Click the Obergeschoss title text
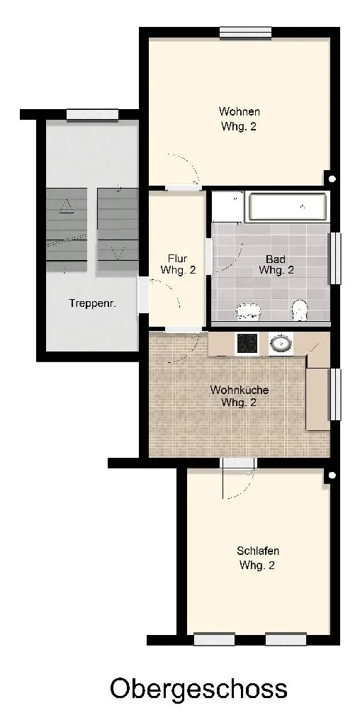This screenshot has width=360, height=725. pyautogui.click(x=198, y=690)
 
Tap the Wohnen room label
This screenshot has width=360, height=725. pyautogui.click(x=239, y=119)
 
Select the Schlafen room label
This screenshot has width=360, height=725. pyautogui.click(x=257, y=558)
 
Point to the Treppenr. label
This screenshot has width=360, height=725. pyautogui.click(x=92, y=303)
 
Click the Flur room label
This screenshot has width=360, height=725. pyautogui.click(x=178, y=264)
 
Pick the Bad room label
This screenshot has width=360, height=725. pyautogui.click(x=276, y=264)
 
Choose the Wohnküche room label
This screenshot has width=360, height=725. pyautogui.click(x=239, y=396)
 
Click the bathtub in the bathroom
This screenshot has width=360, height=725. pyautogui.click(x=288, y=207)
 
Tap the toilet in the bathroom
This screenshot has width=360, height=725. pyautogui.click(x=300, y=309)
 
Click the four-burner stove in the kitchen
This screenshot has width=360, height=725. pyautogui.click(x=247, y=343)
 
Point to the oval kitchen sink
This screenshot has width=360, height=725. pyautogui.click(x=281, y=344)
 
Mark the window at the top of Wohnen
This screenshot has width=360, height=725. pyautogui.click(x=245, y=33)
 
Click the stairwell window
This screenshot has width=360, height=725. pyautogui.click(x=92, y=115)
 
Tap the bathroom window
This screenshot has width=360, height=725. pyautogui.click(x=334, y=259)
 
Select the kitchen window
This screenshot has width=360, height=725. pyautogui.click(x=334, y=395)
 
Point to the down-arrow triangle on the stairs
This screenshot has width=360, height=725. pyautogui.click(x=118, y=253)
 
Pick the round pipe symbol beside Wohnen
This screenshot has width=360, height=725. pyautogui.click(x=332, y=178)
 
